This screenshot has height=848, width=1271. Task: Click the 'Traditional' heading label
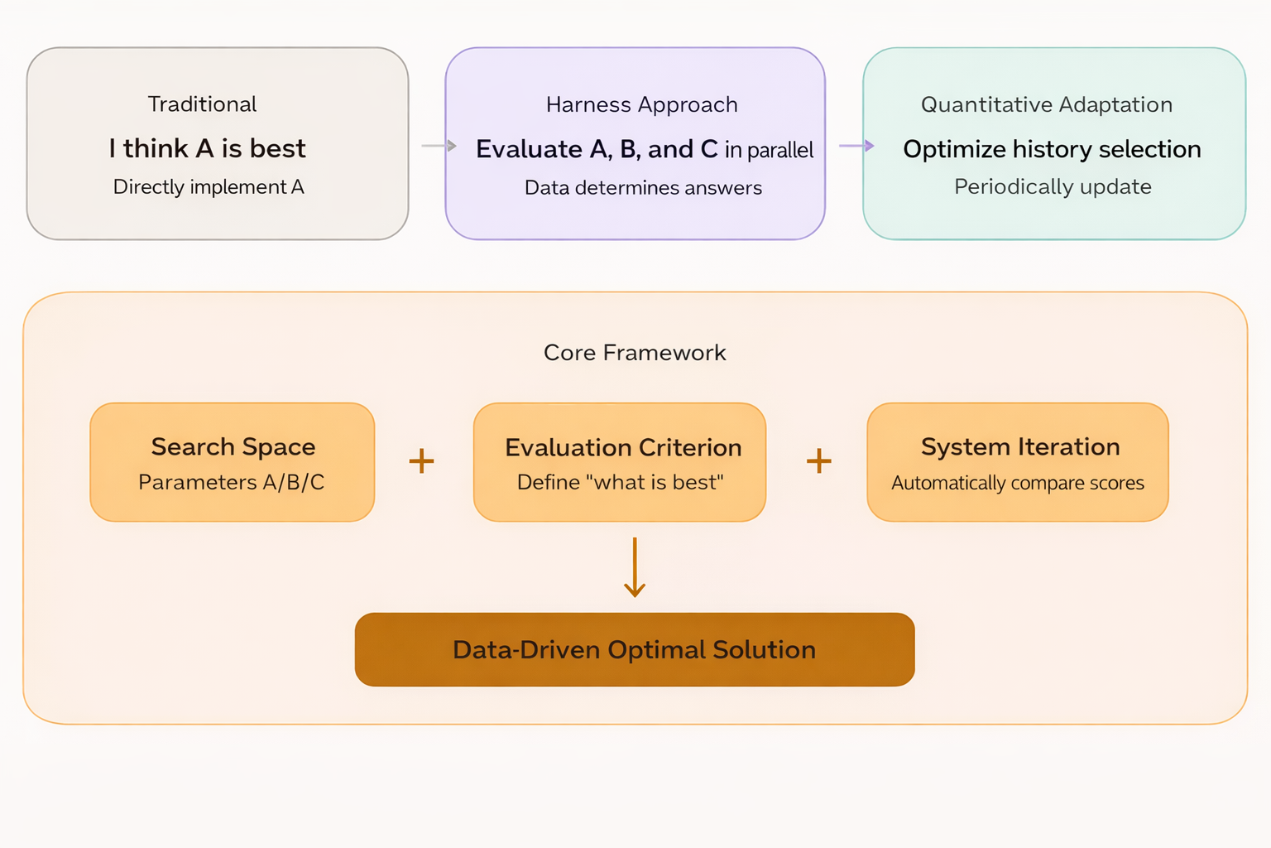[x=202, y=104]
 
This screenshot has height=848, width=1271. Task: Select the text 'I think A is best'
[x=208, y=148]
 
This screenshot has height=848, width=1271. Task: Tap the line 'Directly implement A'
[x=209, y=187]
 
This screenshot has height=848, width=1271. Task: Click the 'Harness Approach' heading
[x=641, y=105]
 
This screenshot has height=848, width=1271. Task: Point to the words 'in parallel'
[x=769, y=150]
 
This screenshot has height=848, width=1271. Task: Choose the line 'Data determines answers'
[x=643, y=188]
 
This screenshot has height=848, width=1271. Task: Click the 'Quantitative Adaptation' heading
[x=1047, y=105]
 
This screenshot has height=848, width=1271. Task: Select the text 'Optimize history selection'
[x=1052, y=149]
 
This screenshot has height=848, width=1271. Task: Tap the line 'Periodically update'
[x=1053, y=187]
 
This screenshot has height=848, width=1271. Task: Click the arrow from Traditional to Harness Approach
[x=439, y=146]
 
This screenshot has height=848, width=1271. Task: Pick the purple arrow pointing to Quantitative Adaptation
[x=856, y=146]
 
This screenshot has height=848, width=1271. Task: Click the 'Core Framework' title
[x=635, y=353]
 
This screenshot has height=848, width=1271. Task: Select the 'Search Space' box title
[x=233, y=447]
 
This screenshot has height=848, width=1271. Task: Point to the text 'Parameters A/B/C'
[x=232, y=483]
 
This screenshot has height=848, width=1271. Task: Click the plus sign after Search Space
[x=421, y=460]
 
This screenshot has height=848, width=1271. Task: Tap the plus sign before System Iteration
[x=818, y=460]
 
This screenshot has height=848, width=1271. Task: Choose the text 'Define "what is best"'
[x=621, y=483]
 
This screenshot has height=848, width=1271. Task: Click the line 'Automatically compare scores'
[x=1018, y=483]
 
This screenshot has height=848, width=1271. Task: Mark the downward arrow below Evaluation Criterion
[x=635, y=568]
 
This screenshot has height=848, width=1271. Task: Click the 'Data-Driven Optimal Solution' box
[x=635, y=650]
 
